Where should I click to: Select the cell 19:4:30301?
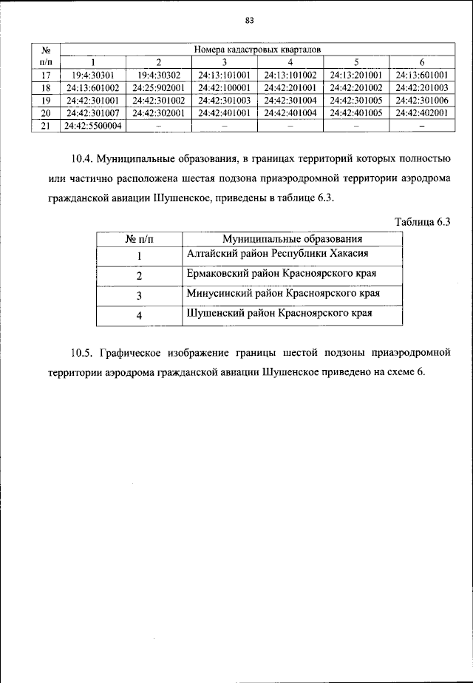(92, 74)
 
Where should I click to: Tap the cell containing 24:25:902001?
(158, 87)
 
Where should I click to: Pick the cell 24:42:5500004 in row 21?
(92, 126)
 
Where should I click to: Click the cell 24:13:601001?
(422, 74)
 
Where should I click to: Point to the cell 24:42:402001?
(422, 113)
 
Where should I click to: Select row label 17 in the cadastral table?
(44, 74)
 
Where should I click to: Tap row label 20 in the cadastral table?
(44, 113)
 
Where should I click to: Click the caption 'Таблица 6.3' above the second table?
(423, 222)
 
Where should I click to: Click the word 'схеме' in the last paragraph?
(395, 371)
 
